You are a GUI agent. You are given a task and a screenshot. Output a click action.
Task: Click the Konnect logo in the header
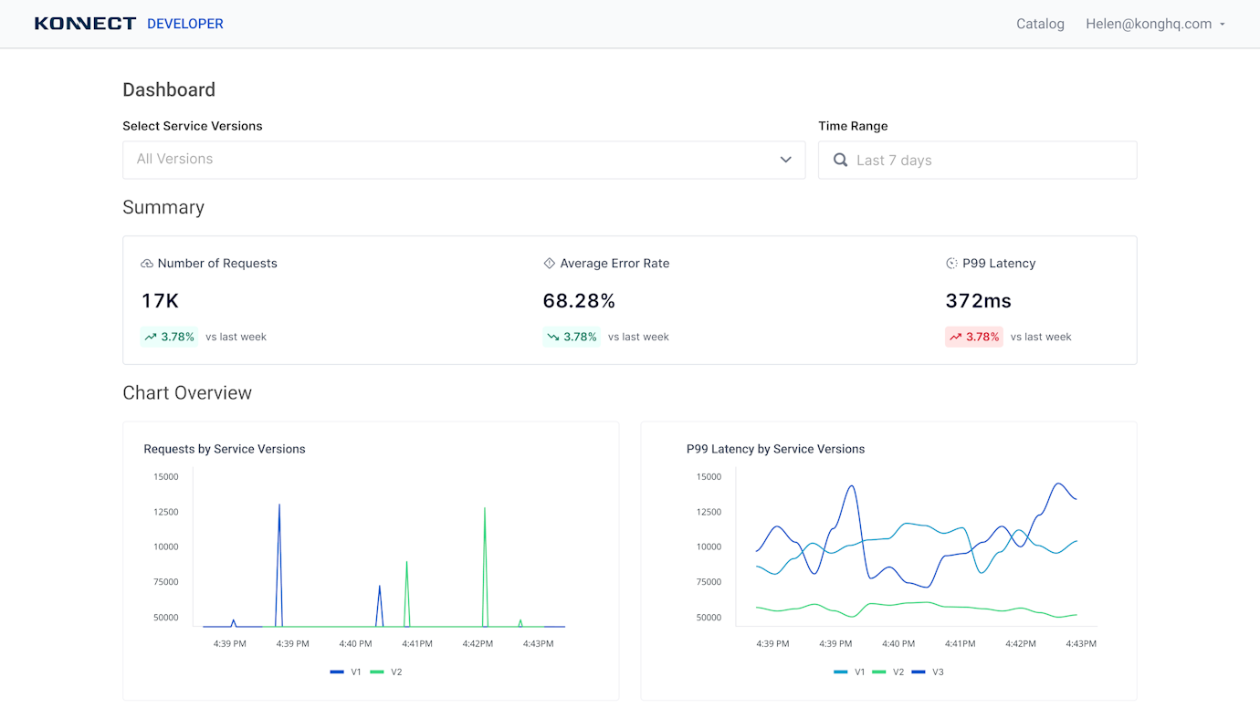click(85, 24)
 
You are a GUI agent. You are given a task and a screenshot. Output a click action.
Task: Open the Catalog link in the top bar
click(1040, 24)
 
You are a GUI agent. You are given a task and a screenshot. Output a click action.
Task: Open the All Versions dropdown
click(464, 160)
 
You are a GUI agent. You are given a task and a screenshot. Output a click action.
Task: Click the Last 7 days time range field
click(977, 161)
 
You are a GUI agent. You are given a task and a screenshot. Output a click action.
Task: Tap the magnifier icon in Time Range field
click(840, 161)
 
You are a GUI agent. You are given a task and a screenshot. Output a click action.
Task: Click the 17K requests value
click(160, 301)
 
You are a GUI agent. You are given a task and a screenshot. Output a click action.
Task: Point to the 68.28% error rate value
click(579, 301)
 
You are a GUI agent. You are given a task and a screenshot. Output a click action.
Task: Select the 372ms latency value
click(978, 301)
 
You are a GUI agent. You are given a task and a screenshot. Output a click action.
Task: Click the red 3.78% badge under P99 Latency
click(973, 337)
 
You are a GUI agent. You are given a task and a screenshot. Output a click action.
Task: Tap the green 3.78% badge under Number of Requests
click(170, 337)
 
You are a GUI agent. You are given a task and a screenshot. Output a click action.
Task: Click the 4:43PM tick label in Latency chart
click(1081, 644)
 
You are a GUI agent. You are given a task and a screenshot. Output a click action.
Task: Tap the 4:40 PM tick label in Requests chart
click(355, 644)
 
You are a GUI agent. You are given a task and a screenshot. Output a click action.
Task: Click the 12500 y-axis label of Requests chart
click(166, 512)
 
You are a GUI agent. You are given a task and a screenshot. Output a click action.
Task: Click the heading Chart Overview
click(187, 393)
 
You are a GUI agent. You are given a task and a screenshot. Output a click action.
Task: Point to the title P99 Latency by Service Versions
click(775, 449)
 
